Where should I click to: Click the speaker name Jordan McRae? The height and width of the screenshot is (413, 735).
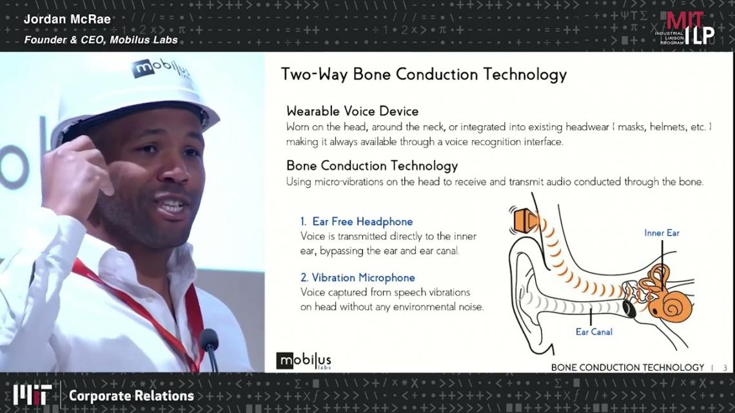pos(67,19)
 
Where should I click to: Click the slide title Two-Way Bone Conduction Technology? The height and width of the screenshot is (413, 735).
pos(424,75)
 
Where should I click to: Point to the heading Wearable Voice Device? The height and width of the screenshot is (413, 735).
pos(353,111)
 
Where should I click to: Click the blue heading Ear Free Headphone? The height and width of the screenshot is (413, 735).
pos(357,221)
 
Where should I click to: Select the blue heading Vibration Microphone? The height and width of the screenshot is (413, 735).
pos(358,278)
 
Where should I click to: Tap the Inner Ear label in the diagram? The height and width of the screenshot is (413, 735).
pos(661,233)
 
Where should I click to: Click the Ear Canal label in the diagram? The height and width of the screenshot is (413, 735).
pos(594,332)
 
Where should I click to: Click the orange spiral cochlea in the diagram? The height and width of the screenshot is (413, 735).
pos(671,306)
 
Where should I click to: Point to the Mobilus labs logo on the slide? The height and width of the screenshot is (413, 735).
pos(304,361)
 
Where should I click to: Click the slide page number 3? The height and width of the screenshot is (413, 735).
pos(725,368)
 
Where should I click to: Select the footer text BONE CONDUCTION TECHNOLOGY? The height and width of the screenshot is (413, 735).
pos(627,367)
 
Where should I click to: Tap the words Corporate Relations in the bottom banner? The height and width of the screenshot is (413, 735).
pos(132,396)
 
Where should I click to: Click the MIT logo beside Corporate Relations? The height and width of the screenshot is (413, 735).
pos(32,395)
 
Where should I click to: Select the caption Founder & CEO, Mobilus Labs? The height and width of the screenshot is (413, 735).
pos(101,40)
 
